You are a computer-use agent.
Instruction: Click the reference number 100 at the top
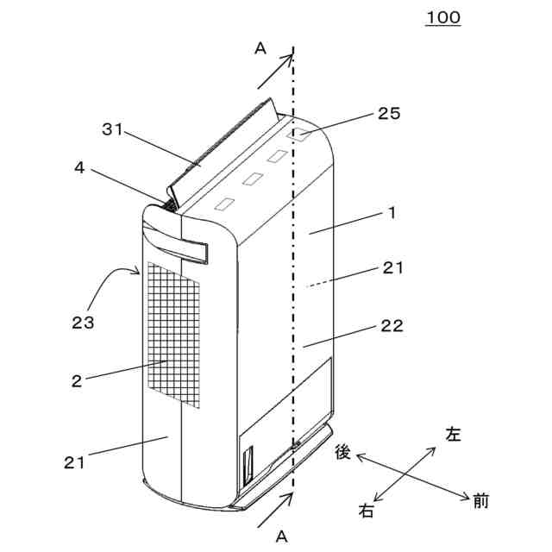click(x=442, y=17)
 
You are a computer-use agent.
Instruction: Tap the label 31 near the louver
click(x=113, y=130)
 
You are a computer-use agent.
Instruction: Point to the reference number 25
click(x=389, y=113)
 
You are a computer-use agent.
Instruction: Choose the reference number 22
click(x=392, y=327)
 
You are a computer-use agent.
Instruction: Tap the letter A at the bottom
click(x=280, y=536)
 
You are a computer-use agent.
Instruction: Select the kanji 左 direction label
click(x=453, y=435)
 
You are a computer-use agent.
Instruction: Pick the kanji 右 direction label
click(x=367, y=511)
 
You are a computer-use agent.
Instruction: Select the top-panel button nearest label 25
click(x=301, y=135)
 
